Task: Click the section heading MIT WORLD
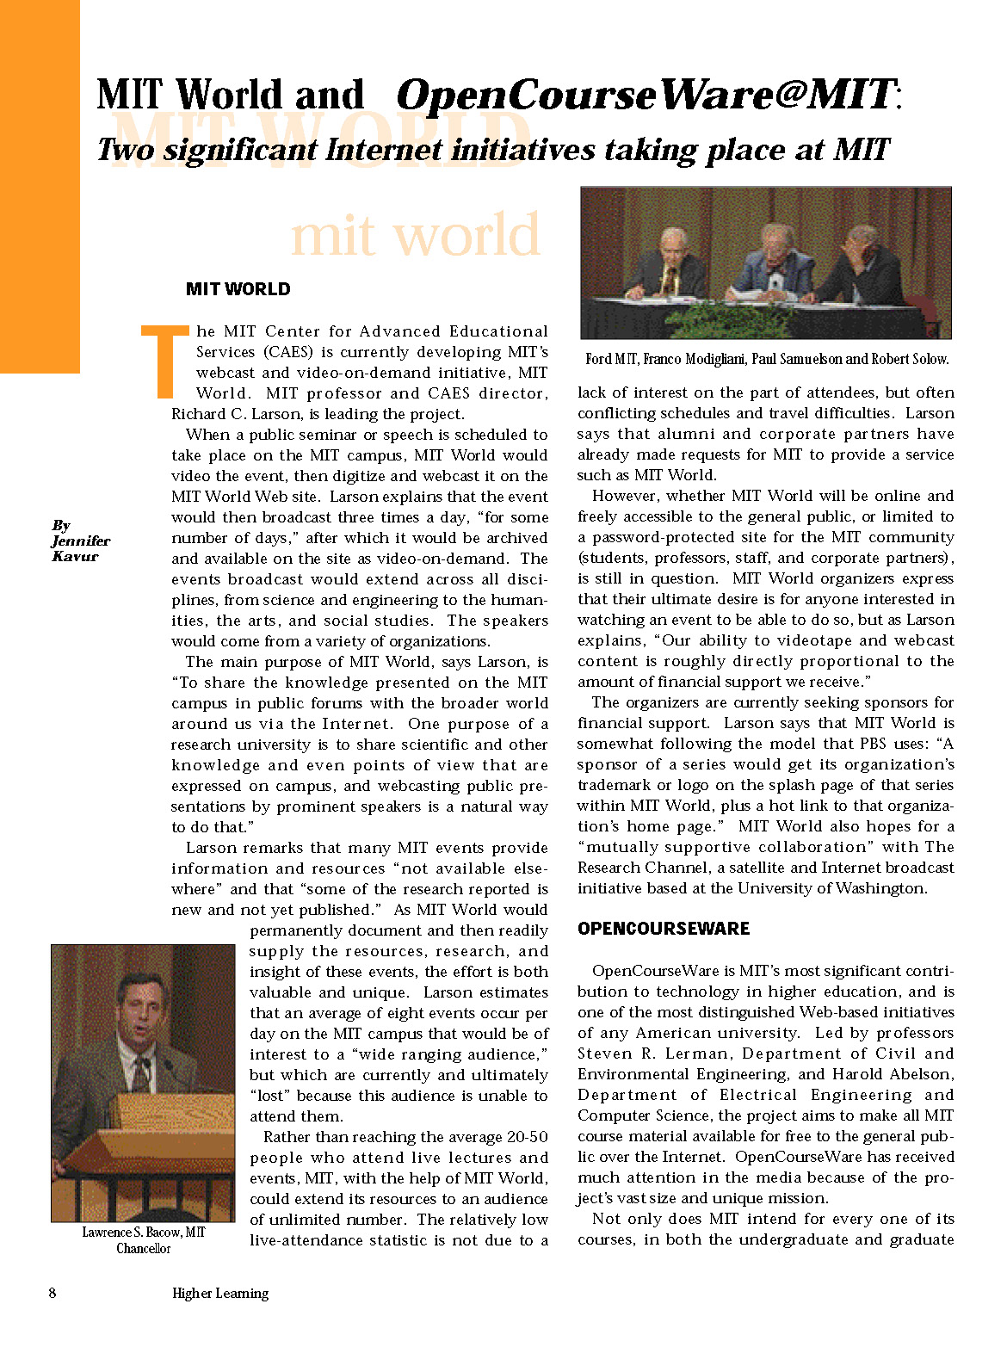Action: pos(238,289)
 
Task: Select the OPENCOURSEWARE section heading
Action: pos(664,929)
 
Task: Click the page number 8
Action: pos(53,1293)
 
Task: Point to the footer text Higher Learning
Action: pos(220,1293)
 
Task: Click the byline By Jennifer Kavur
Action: pos(80,541)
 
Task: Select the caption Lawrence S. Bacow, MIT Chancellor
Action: pos(143,1240)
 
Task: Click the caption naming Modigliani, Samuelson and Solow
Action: pos(767,359)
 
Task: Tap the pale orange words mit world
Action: pos(416,234)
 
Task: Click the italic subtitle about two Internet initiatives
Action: pos(492,150)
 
